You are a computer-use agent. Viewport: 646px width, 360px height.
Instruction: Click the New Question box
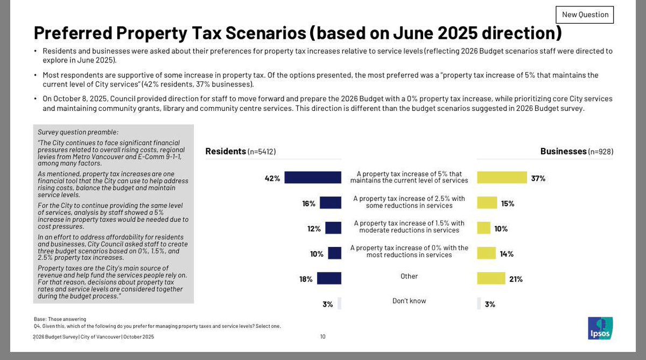point(585,15)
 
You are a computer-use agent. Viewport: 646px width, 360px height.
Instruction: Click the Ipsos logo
point(600,328)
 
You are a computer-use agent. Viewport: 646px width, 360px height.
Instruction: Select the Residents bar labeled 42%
point(313,178)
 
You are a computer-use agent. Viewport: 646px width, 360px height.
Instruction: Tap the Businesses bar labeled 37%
point(502,178)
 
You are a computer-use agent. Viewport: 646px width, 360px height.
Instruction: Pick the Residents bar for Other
point(329,278)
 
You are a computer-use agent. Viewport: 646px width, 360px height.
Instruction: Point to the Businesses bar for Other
point(491,278)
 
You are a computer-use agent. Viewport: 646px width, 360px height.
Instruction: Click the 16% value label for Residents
point(308,203)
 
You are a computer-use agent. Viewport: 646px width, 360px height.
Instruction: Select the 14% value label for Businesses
point(507,253)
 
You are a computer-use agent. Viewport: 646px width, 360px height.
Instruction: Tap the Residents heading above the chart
point(226,151)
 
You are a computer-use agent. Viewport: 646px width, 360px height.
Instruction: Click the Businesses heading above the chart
point(563,151)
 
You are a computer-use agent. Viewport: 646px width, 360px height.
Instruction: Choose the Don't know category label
point(409,301)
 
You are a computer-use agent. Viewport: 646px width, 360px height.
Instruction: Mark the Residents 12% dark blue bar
point(333,228)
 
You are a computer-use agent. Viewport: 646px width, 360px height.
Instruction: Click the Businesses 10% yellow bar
point(483,228)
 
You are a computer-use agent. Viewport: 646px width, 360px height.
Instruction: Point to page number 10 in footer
point(322,337)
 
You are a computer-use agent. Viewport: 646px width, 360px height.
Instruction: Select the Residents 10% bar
point(334,253)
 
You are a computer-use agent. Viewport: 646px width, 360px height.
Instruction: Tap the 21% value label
point(516,279)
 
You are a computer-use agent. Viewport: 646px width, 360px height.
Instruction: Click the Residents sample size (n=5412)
point(262,152)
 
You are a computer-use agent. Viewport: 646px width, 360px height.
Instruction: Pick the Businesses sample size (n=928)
point(601,152)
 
